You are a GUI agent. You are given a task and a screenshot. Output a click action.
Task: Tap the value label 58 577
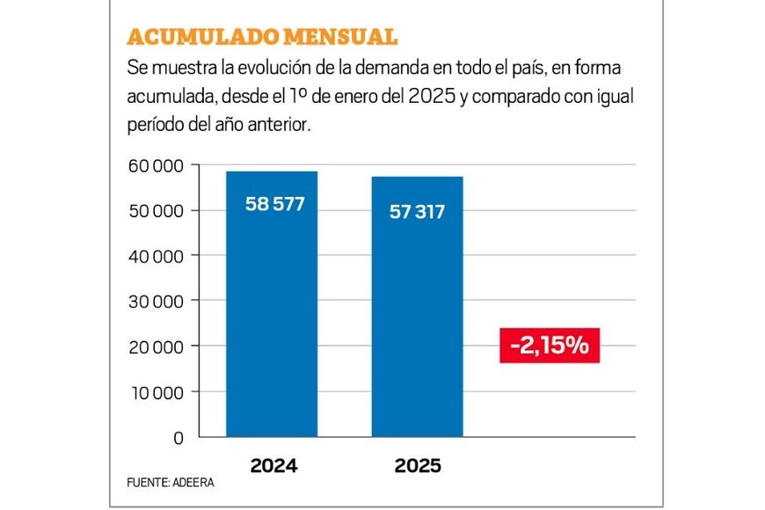(274, 206)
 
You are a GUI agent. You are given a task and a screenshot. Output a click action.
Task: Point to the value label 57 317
(418, 212)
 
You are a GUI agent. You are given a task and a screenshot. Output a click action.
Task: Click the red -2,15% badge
(550, 346)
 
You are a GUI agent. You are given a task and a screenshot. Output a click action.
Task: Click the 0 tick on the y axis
(178, 437)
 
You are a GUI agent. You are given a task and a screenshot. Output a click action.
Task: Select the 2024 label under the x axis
(274, 466)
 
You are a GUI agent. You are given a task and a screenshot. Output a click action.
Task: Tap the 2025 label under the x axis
(417, 466)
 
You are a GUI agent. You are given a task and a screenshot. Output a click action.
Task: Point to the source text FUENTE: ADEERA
(171, 483)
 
